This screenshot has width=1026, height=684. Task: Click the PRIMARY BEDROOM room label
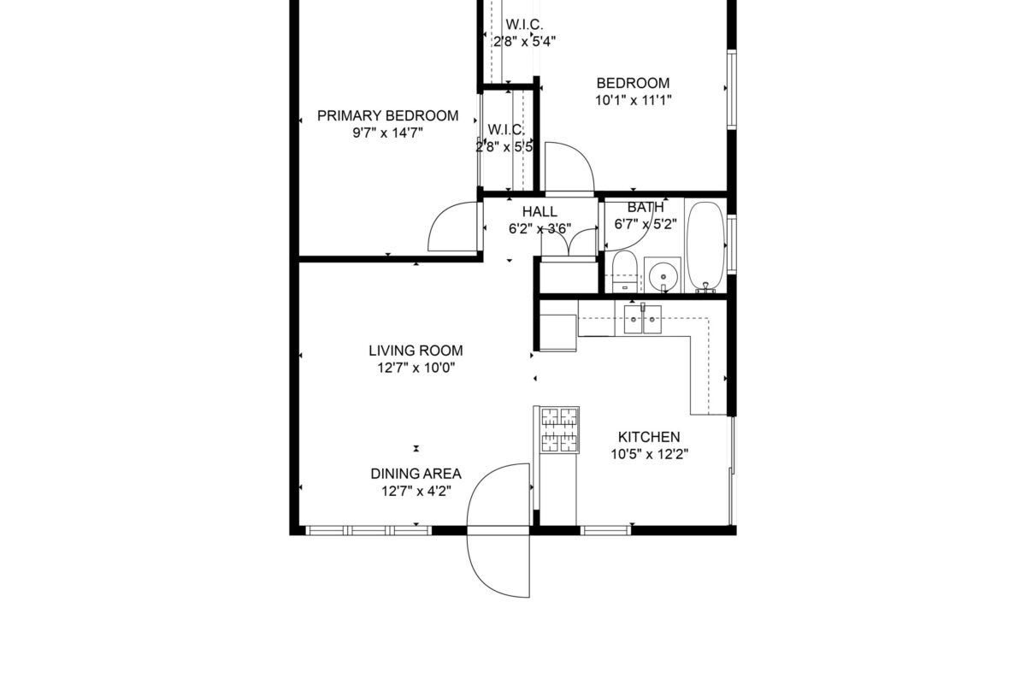[x=387, y=116]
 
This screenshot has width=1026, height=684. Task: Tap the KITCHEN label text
[x=649, y=437]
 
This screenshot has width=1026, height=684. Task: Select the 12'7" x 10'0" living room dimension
[x=416, y=368]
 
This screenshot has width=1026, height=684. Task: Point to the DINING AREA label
[x=416, y=474]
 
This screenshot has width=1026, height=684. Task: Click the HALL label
[x=540, y=212]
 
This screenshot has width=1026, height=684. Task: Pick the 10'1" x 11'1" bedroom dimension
[x=633, y=100]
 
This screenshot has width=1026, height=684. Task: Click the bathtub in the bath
[x=706, y=246]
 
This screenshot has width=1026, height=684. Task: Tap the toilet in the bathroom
[x=624, y=271]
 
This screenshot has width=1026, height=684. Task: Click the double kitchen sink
[x=643, y=319]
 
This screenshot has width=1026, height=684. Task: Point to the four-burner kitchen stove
[x=559, y=430]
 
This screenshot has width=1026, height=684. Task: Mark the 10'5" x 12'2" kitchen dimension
[x=649, y=455]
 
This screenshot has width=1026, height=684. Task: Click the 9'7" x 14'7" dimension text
[x=387, y=133]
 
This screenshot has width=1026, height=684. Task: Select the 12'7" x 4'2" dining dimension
[x=416, y=491]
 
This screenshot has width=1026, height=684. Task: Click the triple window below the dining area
[x=369, y=530]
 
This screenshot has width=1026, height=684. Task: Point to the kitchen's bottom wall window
[x=605, y=530]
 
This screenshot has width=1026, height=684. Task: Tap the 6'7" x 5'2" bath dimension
[x=645, y=225]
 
